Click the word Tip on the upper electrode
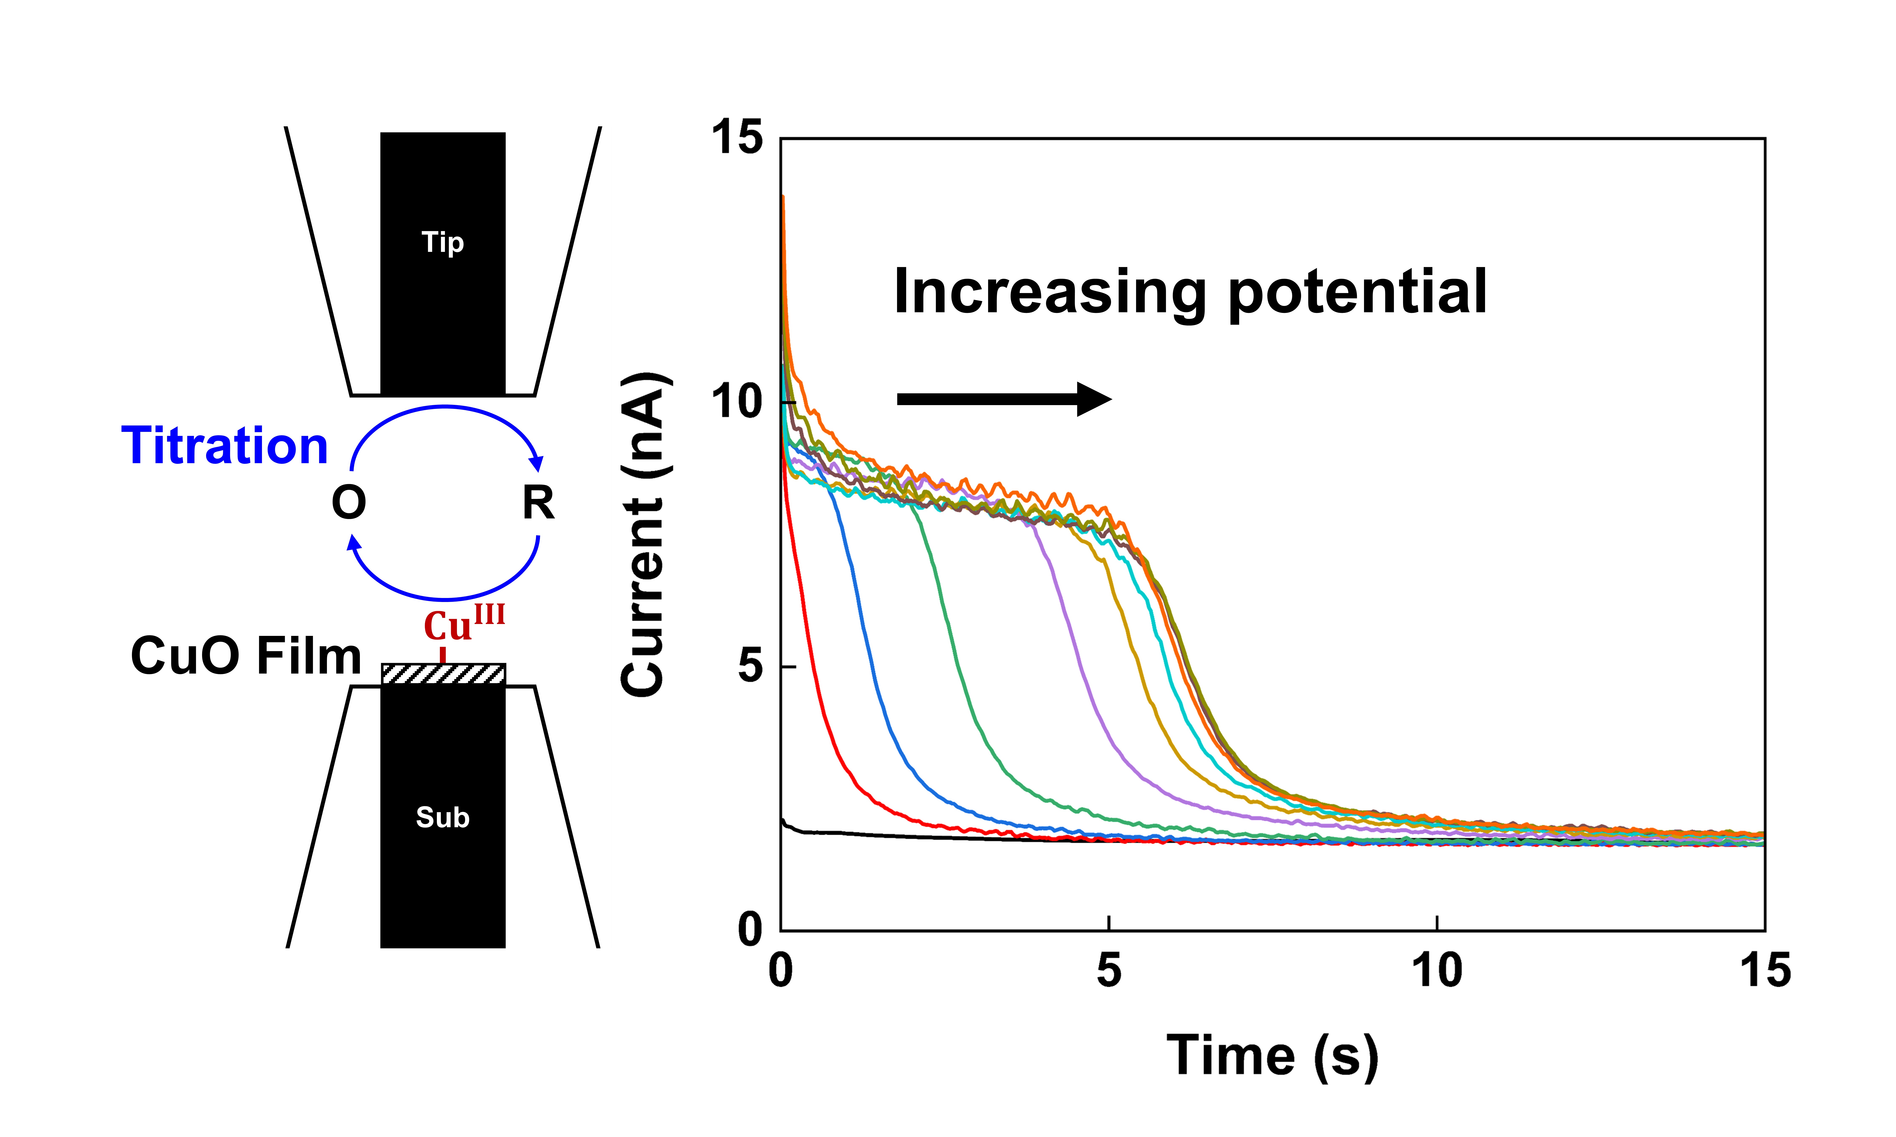443,243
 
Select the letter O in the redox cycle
349,503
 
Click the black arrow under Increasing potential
1004,398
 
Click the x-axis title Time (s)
1272,1056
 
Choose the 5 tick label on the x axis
1109,971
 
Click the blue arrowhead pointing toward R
537,463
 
